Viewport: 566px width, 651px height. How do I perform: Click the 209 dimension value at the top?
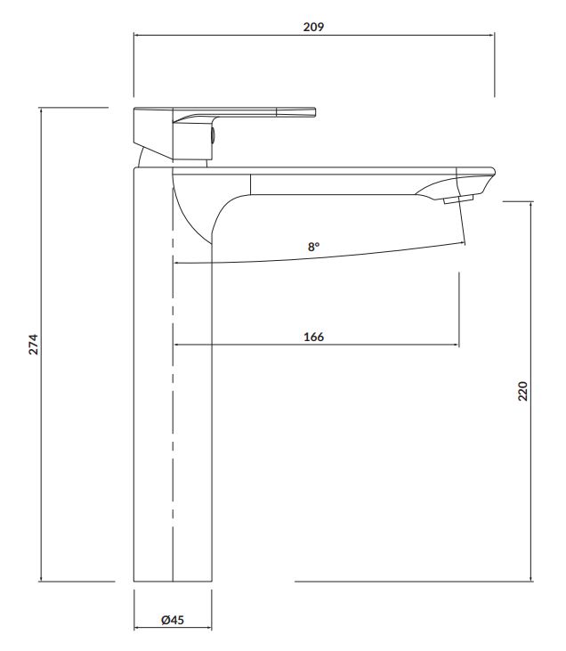(x=313, y=27)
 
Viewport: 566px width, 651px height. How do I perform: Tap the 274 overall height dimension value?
(x=33, y=344)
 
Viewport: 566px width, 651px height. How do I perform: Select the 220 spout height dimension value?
(x=522, y=391)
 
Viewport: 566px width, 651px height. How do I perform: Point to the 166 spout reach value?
(x=314, y=337)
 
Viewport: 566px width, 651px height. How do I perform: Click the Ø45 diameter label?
(x=173, y=620)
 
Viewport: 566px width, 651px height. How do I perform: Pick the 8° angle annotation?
(x=314, y=247)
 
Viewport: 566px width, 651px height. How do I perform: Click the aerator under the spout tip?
(x=458, y=199)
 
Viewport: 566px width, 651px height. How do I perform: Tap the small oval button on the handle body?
(x=213, y=135)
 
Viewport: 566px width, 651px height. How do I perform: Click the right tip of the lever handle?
(x=315, y=112)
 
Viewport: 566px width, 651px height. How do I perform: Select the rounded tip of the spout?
(x=493, y=171)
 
